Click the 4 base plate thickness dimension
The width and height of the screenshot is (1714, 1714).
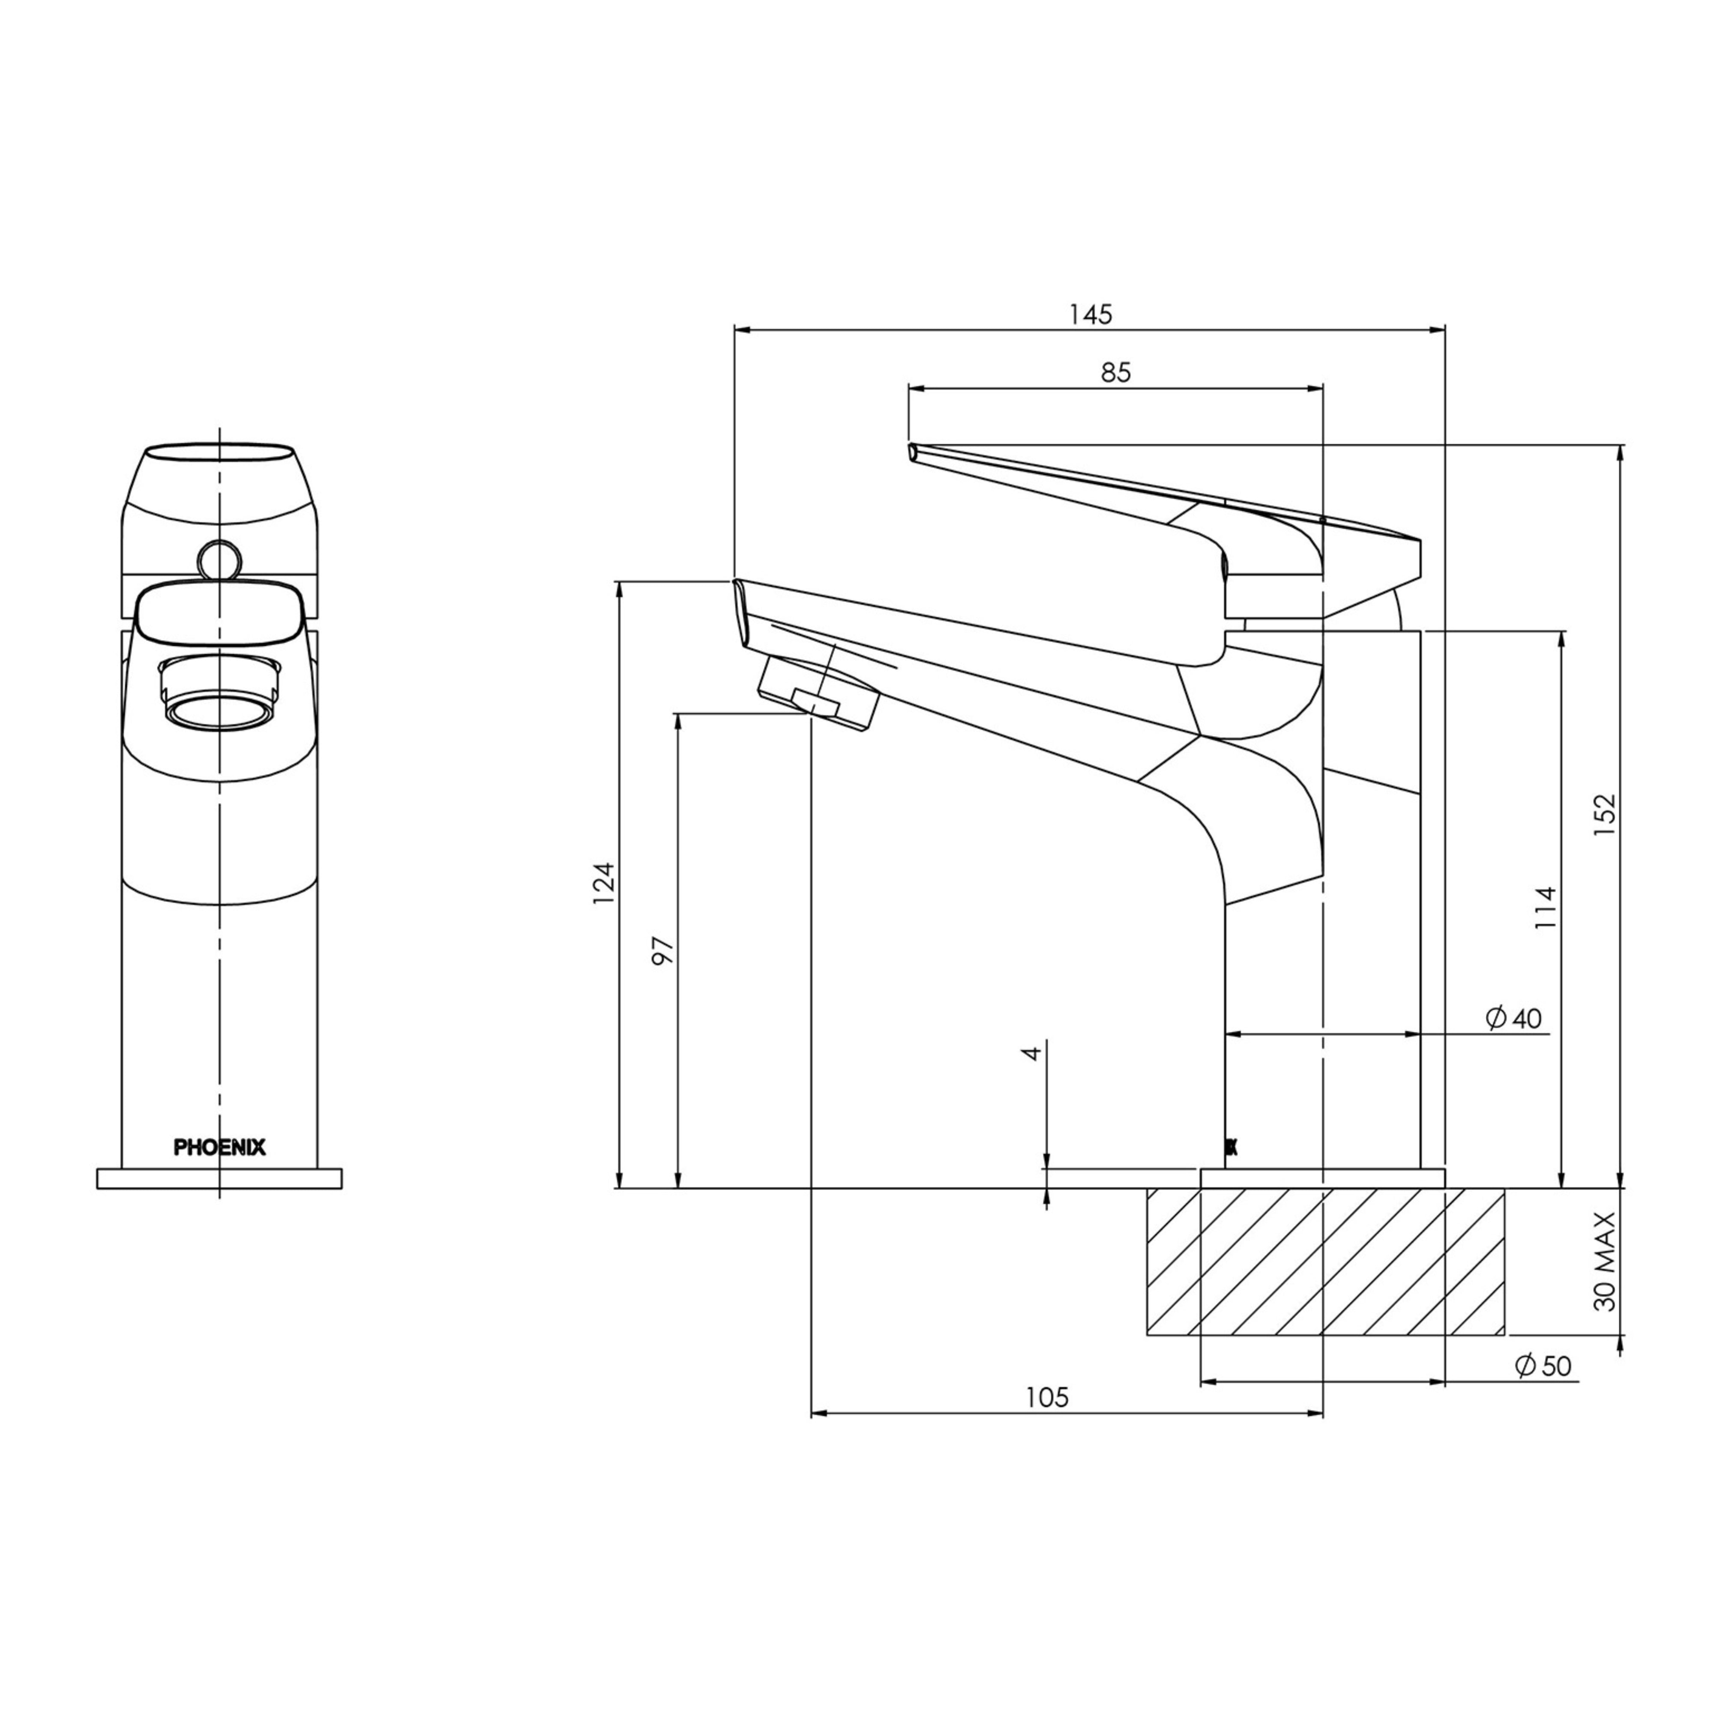click(1031, 1053)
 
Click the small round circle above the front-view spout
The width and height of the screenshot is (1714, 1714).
click(219, 560)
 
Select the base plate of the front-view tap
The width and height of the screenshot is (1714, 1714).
click(219, 1178)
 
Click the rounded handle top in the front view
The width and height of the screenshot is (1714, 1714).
click(219, 470)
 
